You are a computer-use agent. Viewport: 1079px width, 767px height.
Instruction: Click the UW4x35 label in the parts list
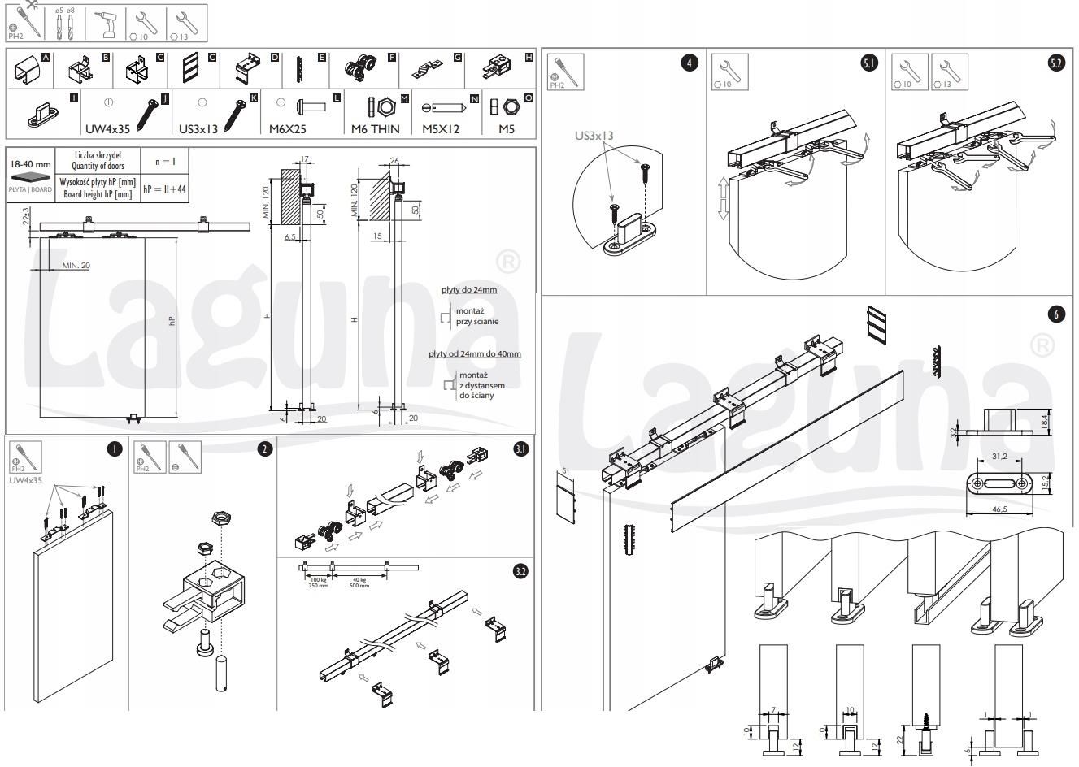click(108, 128)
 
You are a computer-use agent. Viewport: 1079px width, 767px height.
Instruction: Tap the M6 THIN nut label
click(375, 128)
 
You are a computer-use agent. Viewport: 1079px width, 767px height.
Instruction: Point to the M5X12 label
click(442, 128)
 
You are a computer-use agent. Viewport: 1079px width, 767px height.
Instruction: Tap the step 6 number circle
click(1056, 315)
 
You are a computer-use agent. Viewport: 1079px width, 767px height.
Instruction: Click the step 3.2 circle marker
click(521, 571)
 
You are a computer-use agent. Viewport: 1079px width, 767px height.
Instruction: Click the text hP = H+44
click(165, 188)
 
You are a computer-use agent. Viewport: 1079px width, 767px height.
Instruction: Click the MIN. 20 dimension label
click(76, 266)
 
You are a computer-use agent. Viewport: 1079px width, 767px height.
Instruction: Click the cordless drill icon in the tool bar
click(107, 25)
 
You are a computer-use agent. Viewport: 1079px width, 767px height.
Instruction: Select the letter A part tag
click(46, 58)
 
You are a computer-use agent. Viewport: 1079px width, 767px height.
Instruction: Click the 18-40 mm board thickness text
click(31, 163)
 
